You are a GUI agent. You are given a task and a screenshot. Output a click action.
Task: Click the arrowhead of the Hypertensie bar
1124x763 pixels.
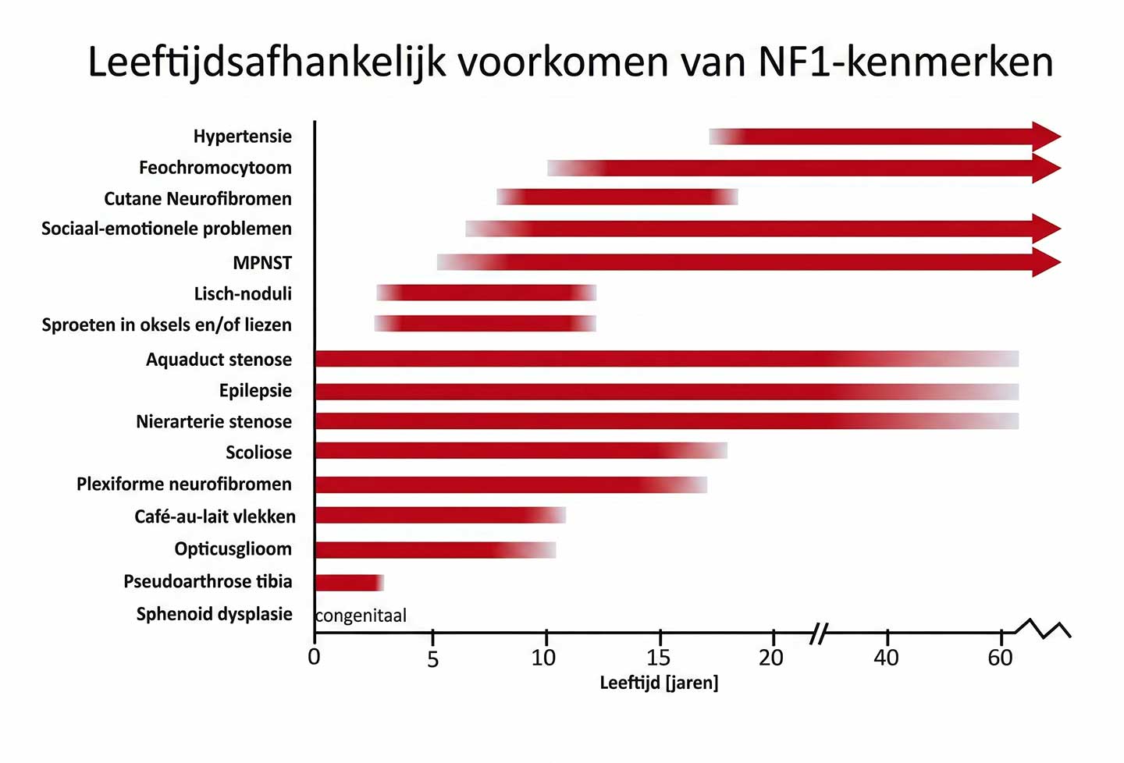[1046, 137]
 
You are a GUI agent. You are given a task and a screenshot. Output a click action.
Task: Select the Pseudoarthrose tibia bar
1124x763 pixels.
[348, 582]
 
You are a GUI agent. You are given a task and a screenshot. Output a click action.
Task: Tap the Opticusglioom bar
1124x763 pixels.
[434, 549]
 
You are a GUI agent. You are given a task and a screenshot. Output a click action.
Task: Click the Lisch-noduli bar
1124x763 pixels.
[486, 293]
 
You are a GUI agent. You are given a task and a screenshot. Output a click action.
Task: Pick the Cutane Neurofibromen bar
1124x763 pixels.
[617, 197]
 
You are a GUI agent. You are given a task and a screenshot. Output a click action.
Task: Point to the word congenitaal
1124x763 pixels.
[361, 616]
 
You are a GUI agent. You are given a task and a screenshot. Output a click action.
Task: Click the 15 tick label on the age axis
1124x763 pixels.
[658, 658]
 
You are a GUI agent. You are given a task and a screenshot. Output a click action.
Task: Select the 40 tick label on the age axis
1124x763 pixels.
[886, 658]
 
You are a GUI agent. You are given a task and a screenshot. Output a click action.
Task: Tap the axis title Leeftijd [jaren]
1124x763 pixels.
[659, 683]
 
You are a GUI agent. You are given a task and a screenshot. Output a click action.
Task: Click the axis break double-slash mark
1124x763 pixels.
[817, 633]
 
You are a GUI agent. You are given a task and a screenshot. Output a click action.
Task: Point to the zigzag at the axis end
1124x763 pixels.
[1044, 629]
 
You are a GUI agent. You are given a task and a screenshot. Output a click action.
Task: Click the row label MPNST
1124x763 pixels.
[262, 263]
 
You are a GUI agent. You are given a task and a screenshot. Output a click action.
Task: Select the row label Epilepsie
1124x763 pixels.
[255, 390]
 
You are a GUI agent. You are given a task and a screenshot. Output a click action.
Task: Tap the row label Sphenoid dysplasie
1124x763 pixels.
[214, 614]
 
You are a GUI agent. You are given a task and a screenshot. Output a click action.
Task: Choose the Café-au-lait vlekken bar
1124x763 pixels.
[439, 515]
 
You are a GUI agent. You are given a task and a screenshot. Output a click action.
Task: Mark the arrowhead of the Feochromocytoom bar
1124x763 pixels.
[1046, 168]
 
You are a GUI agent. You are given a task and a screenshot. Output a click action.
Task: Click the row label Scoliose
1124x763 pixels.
[258, 452]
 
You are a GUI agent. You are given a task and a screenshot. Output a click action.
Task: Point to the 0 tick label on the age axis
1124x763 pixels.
[314, 657]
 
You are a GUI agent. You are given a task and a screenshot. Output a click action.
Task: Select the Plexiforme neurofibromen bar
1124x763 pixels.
[510, 484]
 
